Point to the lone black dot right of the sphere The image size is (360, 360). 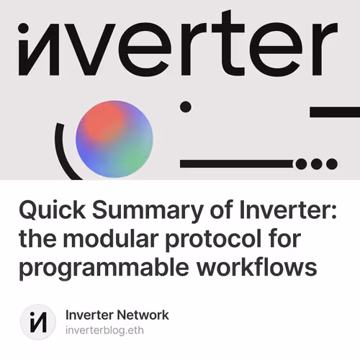click(185, 107)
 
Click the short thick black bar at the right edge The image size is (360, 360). click(334, 112)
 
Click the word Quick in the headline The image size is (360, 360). click(47, 212)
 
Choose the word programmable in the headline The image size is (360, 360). click(94, 267)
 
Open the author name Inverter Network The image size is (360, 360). click(117, 315)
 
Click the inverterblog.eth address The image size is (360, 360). click(108, 330)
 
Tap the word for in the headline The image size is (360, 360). click(296, 240)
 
